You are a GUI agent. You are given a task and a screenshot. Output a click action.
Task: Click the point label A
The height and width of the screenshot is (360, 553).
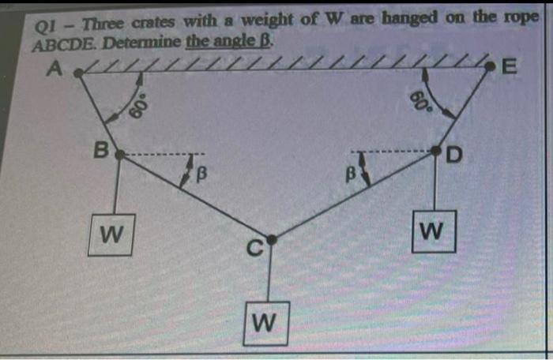point(55,69)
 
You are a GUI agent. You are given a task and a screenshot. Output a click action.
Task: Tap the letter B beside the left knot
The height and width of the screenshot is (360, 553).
point(100,146)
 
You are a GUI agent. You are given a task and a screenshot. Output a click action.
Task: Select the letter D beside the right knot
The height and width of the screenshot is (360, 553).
point(453,154)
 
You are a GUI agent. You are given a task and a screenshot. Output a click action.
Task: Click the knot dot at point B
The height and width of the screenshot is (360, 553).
point(118,156)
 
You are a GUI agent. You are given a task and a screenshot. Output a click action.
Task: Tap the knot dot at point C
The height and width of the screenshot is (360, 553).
point(271,239)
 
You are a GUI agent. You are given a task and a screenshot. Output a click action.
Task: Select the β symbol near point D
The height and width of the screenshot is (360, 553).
point(346,168)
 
